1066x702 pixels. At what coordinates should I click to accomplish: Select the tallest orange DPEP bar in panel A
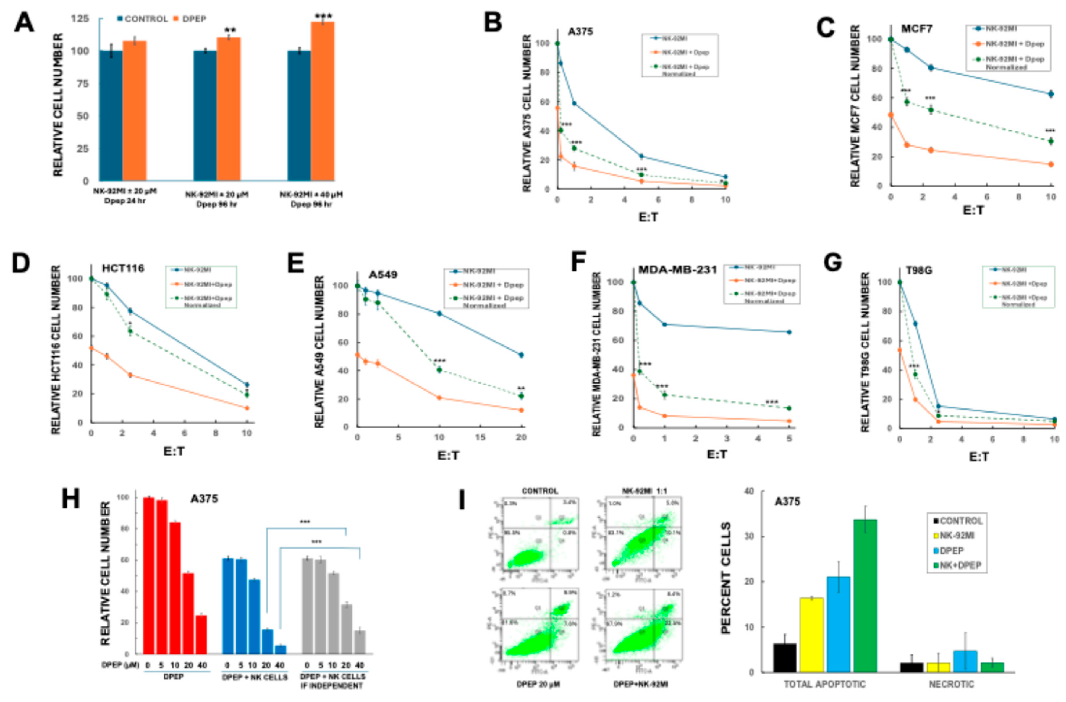323,101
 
